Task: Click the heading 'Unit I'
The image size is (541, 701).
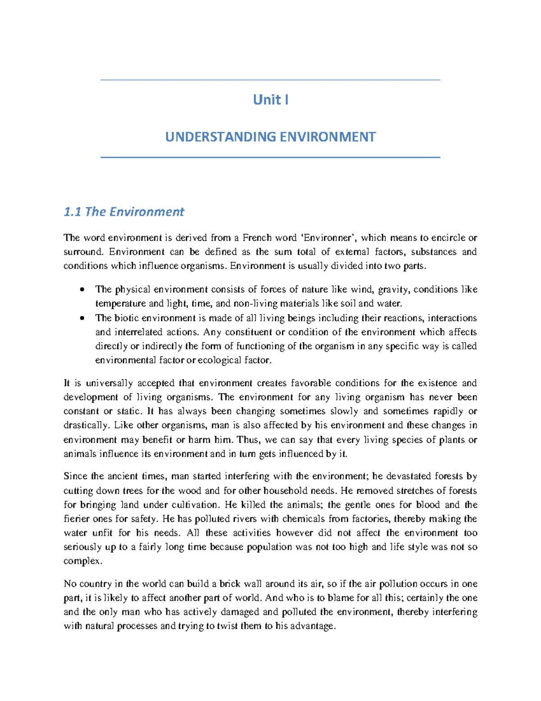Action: click(x=270, y=99)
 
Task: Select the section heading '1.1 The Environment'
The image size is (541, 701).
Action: click(x=124, y=212)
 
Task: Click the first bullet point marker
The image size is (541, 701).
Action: click(x=82, y=289)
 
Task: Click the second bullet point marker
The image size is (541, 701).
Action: click(x=82, y=318)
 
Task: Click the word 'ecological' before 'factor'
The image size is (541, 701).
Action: click(x=219, y=360)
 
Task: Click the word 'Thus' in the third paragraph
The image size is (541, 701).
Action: click(x=248, y=440)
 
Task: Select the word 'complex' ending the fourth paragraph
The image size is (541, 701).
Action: click(x=83, y=561)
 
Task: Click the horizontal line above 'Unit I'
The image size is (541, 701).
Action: click(x=270, y=80)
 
